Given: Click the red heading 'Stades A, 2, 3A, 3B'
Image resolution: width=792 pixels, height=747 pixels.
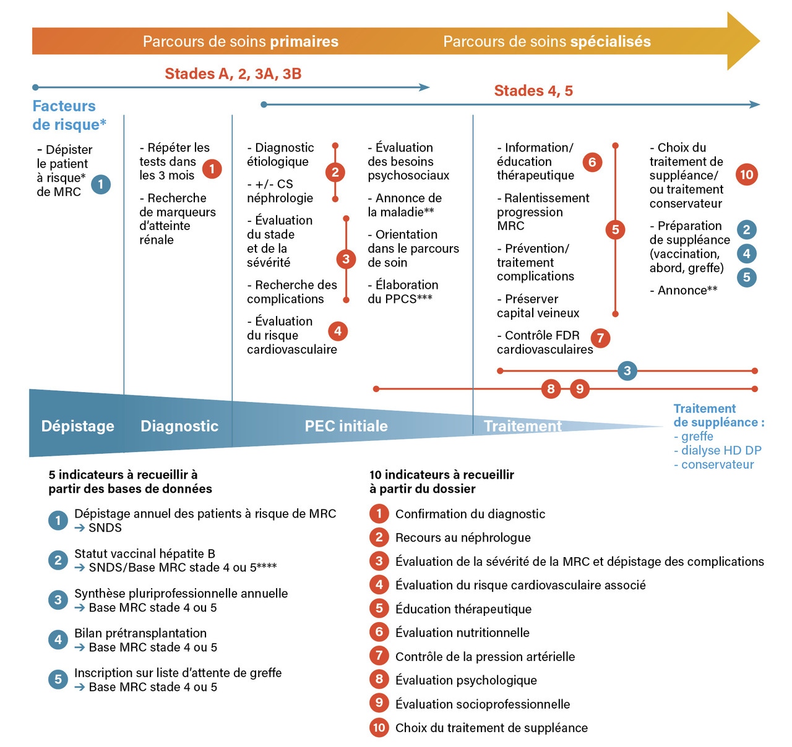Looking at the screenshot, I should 233,74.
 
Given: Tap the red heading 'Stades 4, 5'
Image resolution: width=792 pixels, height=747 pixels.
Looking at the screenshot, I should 533,91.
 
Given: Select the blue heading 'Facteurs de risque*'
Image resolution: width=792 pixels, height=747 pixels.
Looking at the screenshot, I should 69,115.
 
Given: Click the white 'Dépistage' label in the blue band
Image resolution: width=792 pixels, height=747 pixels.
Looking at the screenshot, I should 78,426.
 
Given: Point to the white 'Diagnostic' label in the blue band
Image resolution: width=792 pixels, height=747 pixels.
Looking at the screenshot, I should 179,426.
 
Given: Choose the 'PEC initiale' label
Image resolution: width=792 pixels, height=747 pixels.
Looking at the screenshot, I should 346,426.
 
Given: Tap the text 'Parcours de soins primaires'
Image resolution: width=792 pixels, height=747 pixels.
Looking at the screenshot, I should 241,41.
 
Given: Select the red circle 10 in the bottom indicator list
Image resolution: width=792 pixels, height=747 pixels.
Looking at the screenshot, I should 379,727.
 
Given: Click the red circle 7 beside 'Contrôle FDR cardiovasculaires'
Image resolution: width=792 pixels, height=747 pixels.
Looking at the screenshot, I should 600,338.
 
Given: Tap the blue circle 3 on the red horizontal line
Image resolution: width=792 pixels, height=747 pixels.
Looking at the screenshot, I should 627,371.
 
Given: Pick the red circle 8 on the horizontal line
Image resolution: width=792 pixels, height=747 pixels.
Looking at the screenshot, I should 551,389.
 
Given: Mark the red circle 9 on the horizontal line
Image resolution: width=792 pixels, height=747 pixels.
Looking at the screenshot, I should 580,389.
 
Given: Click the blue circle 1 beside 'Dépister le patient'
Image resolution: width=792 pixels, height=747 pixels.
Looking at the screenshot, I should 101,184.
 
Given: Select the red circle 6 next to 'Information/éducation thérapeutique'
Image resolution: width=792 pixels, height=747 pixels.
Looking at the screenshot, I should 592,162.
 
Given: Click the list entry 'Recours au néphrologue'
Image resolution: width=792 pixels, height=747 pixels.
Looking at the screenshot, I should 463,538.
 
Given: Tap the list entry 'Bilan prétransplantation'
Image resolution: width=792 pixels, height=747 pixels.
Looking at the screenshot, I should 140,633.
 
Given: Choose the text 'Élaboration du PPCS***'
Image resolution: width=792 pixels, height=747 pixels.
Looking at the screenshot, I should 403,292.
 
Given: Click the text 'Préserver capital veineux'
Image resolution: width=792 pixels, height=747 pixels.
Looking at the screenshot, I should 538,306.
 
